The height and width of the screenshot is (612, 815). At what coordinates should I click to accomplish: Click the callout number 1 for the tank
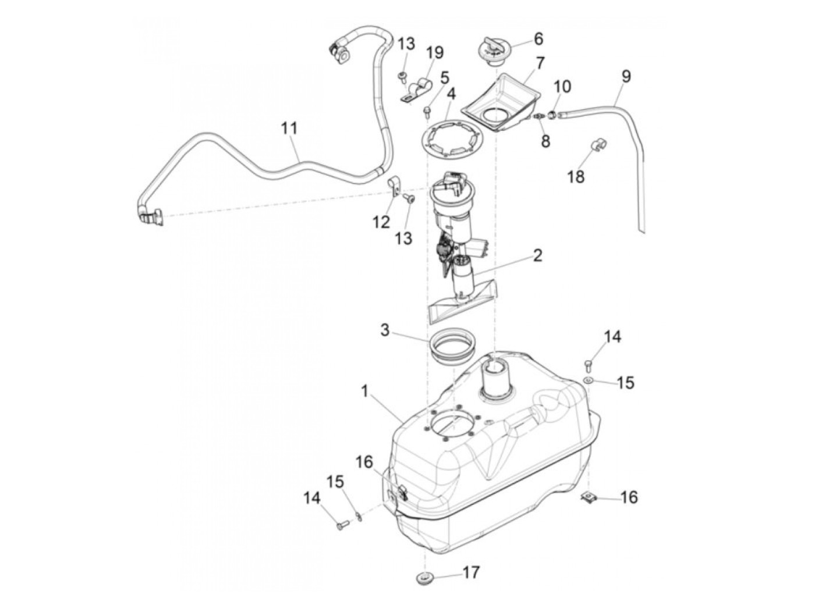pyautogui.click(x=365, y=391)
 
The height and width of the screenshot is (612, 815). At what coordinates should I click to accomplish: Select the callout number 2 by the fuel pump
pyautogui.click(x=537, y=255)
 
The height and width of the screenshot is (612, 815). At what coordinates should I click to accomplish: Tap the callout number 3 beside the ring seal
pyautogui.click(x=385, y=330)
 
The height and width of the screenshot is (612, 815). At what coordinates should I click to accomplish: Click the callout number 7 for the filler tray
pyautogui.click(x=540, y=62)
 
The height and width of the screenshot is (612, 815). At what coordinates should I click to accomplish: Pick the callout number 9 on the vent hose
pyautogui.click(x=626, y=76)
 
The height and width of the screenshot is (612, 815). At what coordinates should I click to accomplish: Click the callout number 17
pyautogui.click(x=471, y=572)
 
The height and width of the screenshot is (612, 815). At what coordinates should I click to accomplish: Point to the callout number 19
pyautogui.click(x=434, y=52)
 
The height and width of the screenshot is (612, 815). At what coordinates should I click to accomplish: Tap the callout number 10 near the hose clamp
pyautogui.click(x=562, y=87)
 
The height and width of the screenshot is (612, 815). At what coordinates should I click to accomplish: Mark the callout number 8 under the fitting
pyautogui.click(x=545, y=141)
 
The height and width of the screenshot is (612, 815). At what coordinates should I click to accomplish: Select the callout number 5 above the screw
pyautogui.click(x=445, y=77)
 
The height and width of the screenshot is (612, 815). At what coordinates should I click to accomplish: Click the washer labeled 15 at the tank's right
pyautogui.click(x=589, y=380)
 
